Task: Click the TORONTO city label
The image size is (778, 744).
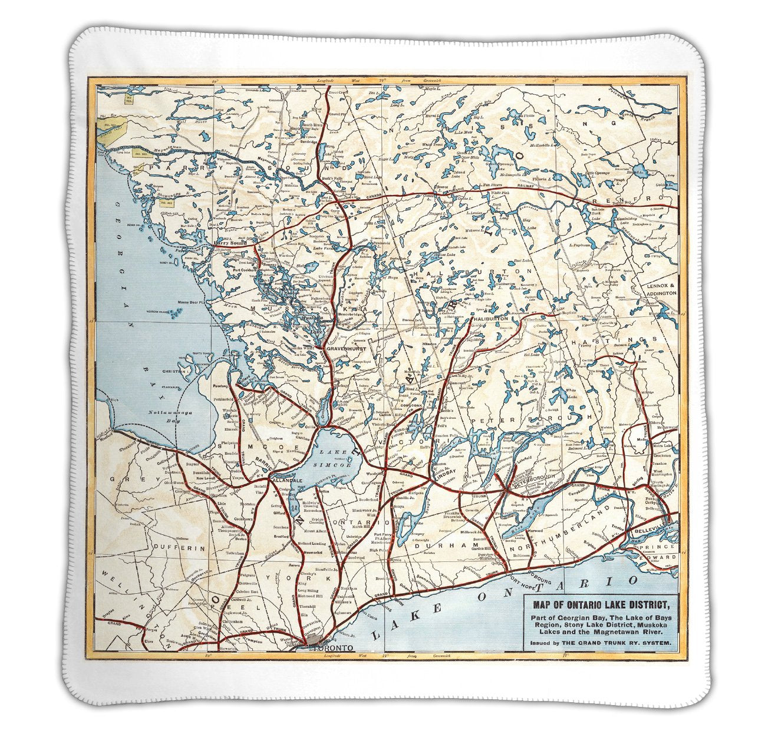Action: pyautogui.click(x=333, y=648)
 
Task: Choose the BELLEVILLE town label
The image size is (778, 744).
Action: pyautogui.click(x=651, y=531)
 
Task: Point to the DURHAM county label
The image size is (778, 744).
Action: pyautogui.click(x=433, y=546)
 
